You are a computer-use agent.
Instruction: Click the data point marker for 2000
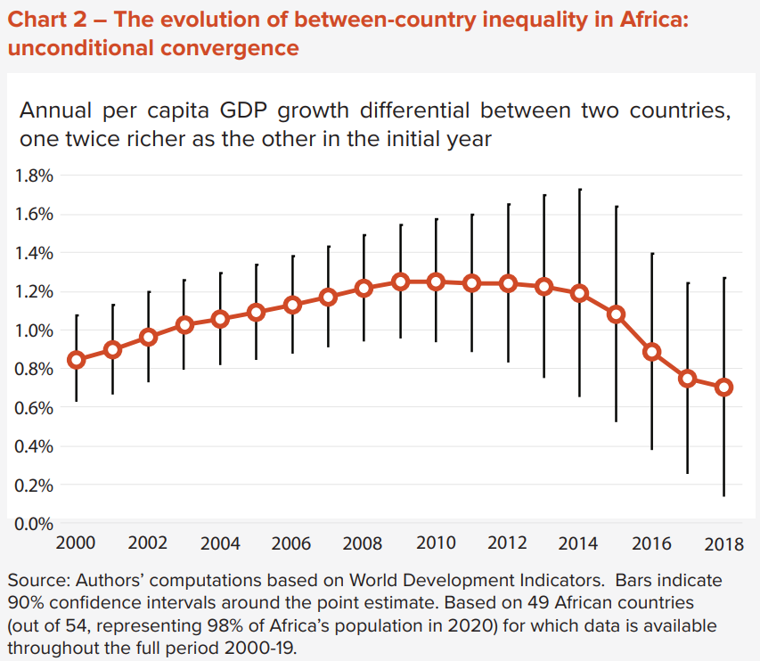point(77,360)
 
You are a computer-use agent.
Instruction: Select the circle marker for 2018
point(724,388)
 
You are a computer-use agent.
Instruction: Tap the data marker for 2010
point(437,282)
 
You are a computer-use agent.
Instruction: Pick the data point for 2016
point(652,351)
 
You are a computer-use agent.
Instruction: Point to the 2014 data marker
point(580,293)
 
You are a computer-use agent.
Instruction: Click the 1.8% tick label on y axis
point(35,175)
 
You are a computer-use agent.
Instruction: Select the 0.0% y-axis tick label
point(35,523)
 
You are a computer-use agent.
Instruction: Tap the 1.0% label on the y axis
point(35,330)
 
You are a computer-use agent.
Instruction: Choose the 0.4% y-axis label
point(35,446)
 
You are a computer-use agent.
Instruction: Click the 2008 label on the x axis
point(364,543)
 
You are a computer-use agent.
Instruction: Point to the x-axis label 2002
point(148,543)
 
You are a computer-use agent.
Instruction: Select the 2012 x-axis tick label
point(508,543)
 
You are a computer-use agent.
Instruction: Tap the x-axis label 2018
point(724,543)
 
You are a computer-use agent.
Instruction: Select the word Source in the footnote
point(35,581)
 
